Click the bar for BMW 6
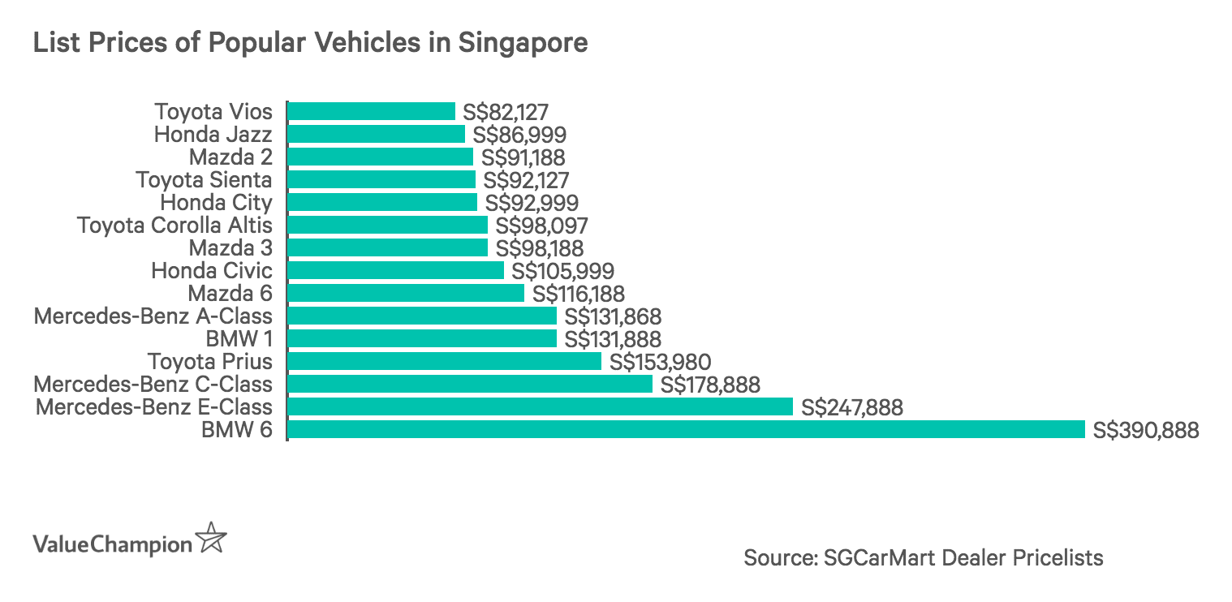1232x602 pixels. pos(686,429)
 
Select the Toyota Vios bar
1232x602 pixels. pos(372,111)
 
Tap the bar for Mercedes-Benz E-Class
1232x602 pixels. pos(540,406)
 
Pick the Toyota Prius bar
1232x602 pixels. pos(445,361)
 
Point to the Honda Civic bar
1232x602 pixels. pos(396,270)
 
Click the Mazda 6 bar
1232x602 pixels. pos(406,293)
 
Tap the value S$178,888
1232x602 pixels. pos(710,385)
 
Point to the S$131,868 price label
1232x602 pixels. pos(613,316)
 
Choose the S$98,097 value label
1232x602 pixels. pos(541,226)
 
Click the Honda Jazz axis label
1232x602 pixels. pos(213,134)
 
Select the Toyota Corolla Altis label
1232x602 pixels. pos(174,225)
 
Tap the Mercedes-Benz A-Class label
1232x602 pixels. pos(153,316)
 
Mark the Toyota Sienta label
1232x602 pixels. pos(204,179)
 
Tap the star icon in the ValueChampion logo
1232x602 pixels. pos(212,539)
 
